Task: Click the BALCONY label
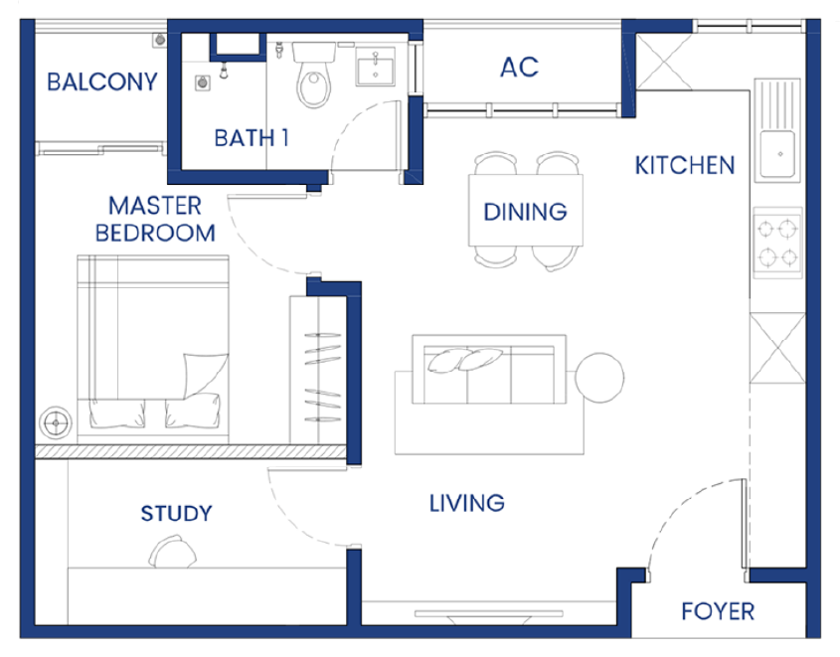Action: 102,82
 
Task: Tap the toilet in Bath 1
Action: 314,75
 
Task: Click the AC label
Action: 519,67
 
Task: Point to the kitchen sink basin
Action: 777,154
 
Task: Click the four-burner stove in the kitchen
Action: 777,244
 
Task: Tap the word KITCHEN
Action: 685,165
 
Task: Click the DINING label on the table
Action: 525,212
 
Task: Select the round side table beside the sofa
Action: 599,377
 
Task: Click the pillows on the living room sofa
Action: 465,359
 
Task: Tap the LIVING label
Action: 466,503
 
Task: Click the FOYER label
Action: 718,611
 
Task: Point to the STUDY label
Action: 176,514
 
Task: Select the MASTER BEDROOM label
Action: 155,220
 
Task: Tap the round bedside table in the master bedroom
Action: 56,423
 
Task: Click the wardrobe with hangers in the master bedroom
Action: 318,370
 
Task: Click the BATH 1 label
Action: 252,138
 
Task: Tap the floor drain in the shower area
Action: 202,83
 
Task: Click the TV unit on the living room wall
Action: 488,614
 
